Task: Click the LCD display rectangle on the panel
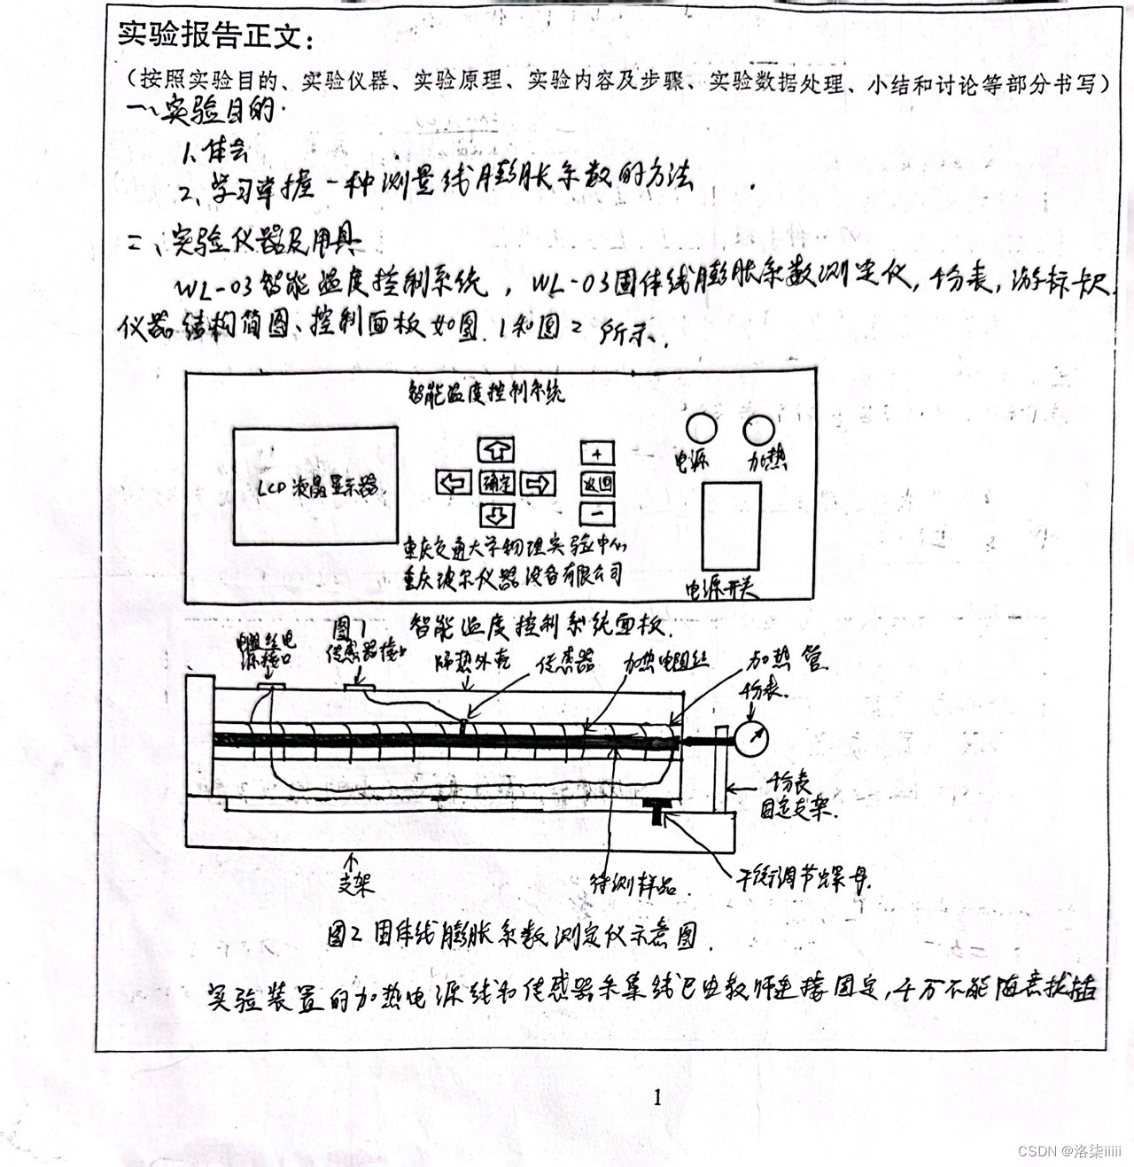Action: pos(315,486)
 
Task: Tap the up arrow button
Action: pos(496,450)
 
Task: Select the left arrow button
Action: pos(454,483)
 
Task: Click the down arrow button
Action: pos(496,515)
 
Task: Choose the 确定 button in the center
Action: pos(496,483)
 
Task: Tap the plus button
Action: pos(597,453)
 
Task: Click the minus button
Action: pos(597,513)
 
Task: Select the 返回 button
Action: pos(597,483)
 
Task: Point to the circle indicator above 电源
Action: pos(701,428)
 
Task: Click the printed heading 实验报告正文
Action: pos(216,35)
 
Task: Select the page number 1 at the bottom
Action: pos(656,1097)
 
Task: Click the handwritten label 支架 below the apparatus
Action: pos(355,881)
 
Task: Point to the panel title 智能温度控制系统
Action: pos(485,392)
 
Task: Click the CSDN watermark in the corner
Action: pos(1069,1151)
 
